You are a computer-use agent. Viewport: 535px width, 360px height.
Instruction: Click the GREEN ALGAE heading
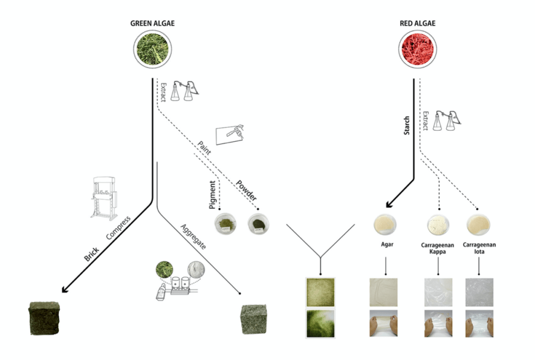pyautogui.click(x=153, y=23)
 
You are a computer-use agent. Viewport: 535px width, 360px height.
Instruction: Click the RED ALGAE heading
pyautogui.click(x=418, y=23)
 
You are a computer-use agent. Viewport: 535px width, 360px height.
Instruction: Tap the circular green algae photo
pyautogui.click(x=153, y=48)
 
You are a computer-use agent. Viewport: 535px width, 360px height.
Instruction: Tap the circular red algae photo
pyautogui.click(x=418, y=49)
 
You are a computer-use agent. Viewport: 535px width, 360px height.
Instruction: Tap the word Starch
pyautogui.click(x=407, y=126)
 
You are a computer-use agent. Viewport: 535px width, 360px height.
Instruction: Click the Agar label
pyautogui.click(x=385, y=244)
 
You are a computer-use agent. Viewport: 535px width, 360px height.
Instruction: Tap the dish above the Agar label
pyautogui.click(x=385, y=224)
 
